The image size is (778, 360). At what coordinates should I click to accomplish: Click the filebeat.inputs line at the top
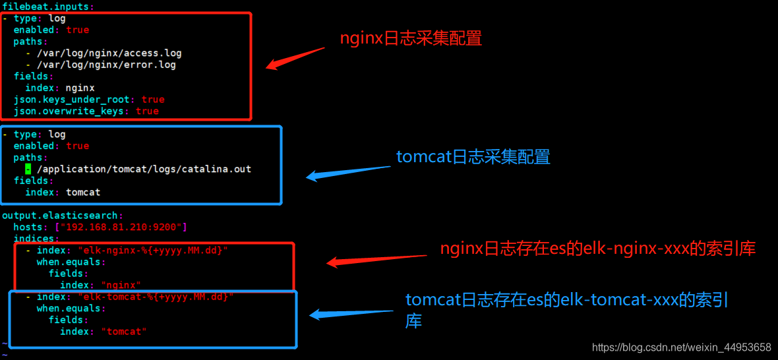coord(47,7)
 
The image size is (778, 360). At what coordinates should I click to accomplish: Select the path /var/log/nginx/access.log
coord(109,53)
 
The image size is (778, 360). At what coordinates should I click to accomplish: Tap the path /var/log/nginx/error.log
coord(106,65)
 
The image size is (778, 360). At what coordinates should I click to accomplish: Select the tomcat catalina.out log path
coord(144,169)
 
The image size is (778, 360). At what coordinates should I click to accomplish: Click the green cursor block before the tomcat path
coord(28,169)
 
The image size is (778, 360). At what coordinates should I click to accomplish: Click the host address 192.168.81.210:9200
coord(123,227)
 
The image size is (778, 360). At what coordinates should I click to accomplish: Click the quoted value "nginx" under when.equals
coord(121,285)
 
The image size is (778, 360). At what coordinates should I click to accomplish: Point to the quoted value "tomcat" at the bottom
coord(124,332)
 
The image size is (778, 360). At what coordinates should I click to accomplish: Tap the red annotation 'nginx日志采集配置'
coord(411,38)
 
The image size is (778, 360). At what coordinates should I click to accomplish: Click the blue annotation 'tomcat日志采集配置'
coord(473,157)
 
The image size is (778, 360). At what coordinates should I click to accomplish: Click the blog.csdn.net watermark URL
coord(681,347)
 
